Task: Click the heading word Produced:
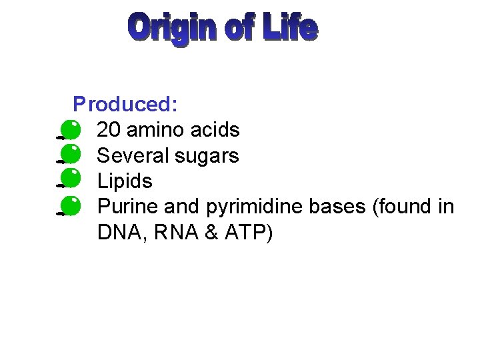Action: point(125,104)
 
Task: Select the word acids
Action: point(217,129)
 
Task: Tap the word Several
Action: point(133,155)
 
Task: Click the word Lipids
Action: point(125,181)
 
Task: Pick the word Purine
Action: point(127,207)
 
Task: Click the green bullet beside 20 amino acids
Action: point(69,129)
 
